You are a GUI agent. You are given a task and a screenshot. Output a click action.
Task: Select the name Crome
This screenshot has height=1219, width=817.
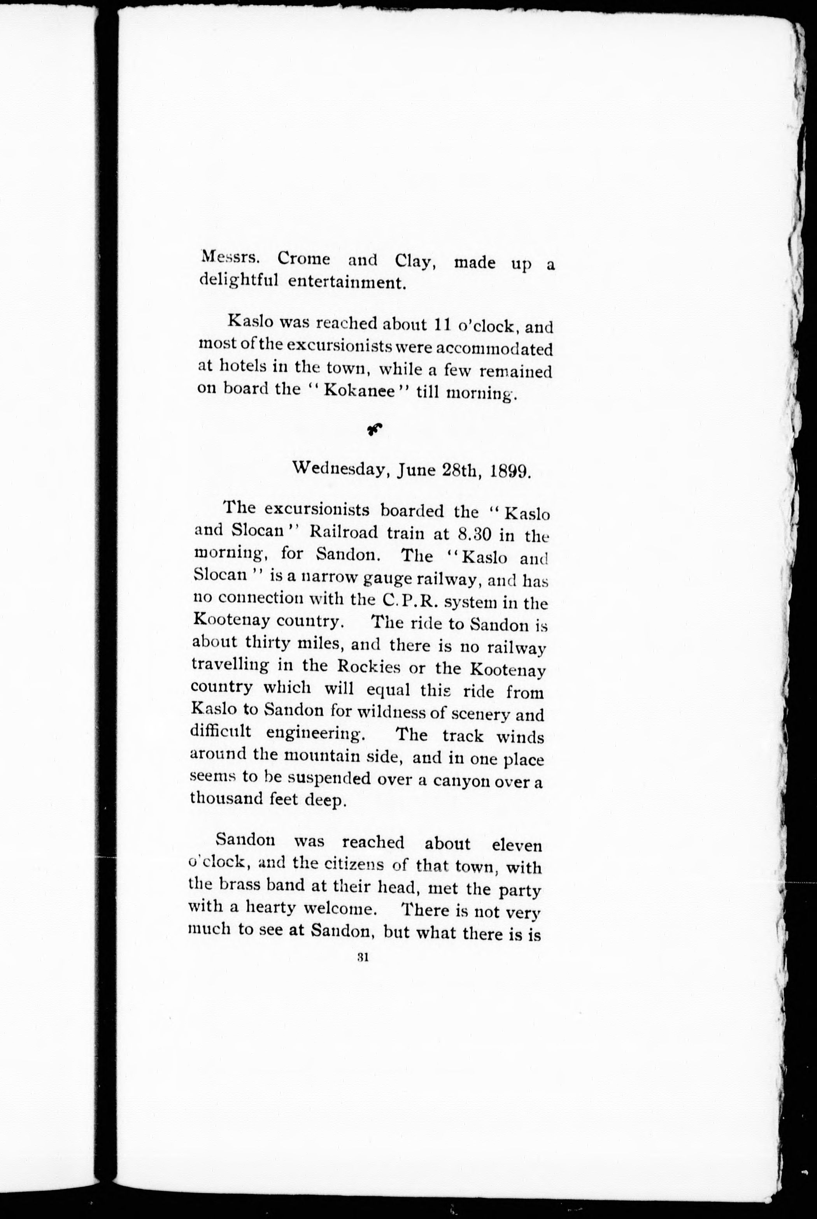pyautogui.click(x=304, y=258)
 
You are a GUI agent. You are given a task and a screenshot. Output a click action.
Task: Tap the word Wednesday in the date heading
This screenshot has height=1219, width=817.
pyautogui.click(x=341, y=469)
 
